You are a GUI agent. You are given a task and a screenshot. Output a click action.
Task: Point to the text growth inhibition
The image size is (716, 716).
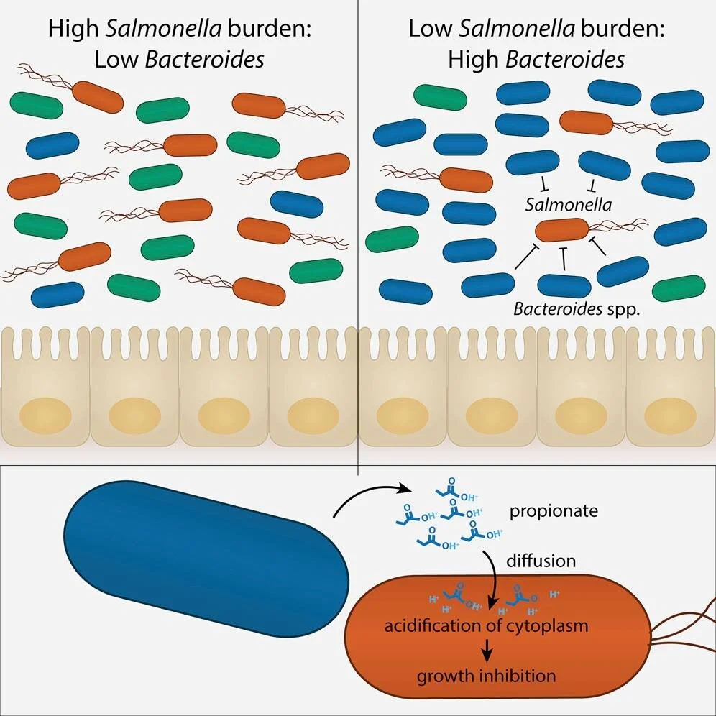(487, 676)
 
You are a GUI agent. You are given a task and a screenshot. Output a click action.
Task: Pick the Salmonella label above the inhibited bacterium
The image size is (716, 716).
(569, 205)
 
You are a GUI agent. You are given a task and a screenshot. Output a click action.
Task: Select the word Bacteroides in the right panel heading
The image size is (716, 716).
(565, 59)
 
